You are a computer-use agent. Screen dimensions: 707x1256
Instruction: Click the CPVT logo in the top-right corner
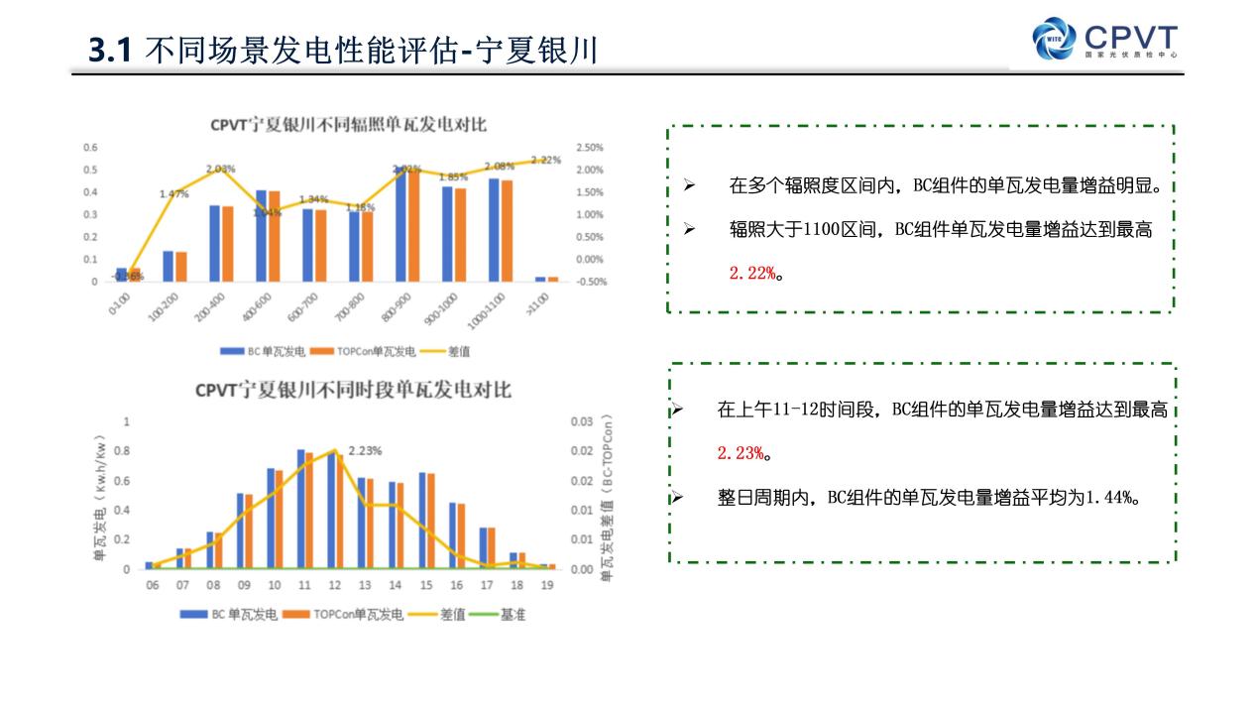click(1105, 39)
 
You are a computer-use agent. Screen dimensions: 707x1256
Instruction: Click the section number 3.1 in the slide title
click(110, 50)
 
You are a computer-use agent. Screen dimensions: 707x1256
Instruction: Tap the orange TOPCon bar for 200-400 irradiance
click(228, 243)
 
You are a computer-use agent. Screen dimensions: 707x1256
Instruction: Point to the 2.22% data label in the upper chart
click(546, 160)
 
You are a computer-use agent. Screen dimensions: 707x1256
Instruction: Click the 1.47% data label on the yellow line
click(173, 194)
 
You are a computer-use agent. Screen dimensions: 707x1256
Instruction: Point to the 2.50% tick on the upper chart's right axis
click(589, 148)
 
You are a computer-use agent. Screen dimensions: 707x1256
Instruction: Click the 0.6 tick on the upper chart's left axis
click(90, 148)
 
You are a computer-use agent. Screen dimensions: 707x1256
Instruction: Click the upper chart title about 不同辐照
click(348, 125)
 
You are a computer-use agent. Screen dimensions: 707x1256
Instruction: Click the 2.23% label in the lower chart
click(366, 450)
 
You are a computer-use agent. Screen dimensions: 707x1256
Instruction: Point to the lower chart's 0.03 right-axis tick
click(581, 421)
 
